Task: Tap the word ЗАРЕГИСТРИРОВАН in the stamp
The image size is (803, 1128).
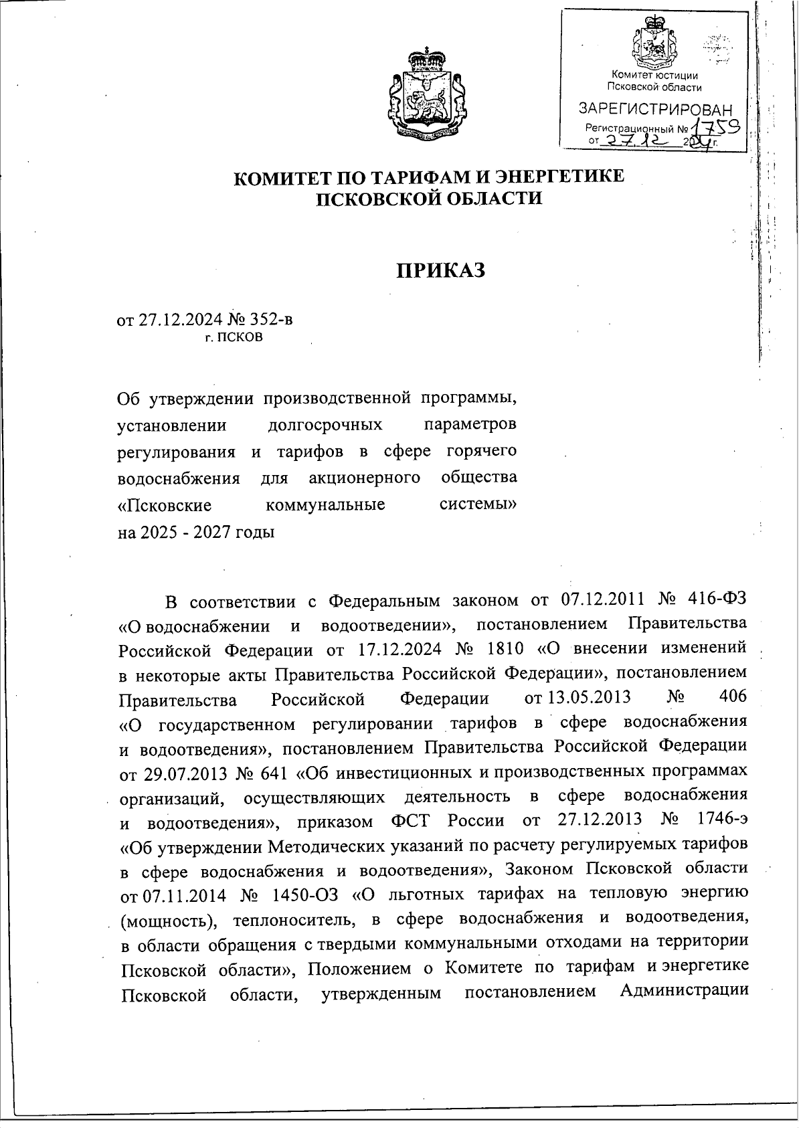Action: [655, 109]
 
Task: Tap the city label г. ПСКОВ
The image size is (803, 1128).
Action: [234, 338]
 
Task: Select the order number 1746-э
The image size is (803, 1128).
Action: [720, 818]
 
